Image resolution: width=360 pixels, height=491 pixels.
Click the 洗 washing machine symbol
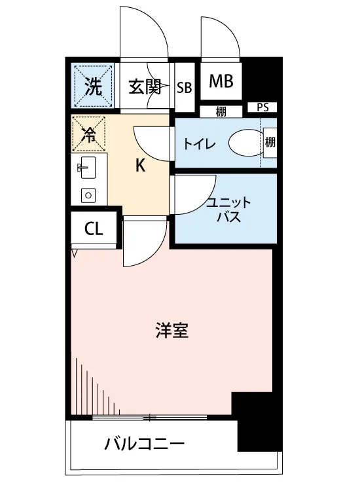coord(93,85)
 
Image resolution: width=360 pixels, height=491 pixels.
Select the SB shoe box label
coord(185,88)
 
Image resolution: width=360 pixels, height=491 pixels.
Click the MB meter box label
coord(221,81)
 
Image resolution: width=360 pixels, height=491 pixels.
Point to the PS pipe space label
coord(263,107)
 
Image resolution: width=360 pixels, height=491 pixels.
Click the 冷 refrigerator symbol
coord(88,134)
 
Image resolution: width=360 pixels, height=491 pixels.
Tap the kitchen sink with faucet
coord(87,168)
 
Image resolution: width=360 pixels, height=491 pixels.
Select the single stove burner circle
coord(88,195)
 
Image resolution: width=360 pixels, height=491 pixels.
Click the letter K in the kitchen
coord(140,166)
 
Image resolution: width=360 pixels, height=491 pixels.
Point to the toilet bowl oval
coord(245,144)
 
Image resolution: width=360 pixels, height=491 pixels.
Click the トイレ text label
coord(200,144)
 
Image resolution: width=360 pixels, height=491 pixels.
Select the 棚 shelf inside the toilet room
coord(270,143)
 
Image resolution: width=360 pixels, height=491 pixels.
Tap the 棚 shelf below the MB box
coord(221,112)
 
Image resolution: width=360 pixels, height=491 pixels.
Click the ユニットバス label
coord(228,209)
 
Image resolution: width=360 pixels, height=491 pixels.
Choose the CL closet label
coord(94,230)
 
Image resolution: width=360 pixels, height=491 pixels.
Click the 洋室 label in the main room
coord(172,331)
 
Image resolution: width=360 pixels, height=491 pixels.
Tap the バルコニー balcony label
coord(145,444)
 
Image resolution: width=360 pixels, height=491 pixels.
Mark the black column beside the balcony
coord(257,421)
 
